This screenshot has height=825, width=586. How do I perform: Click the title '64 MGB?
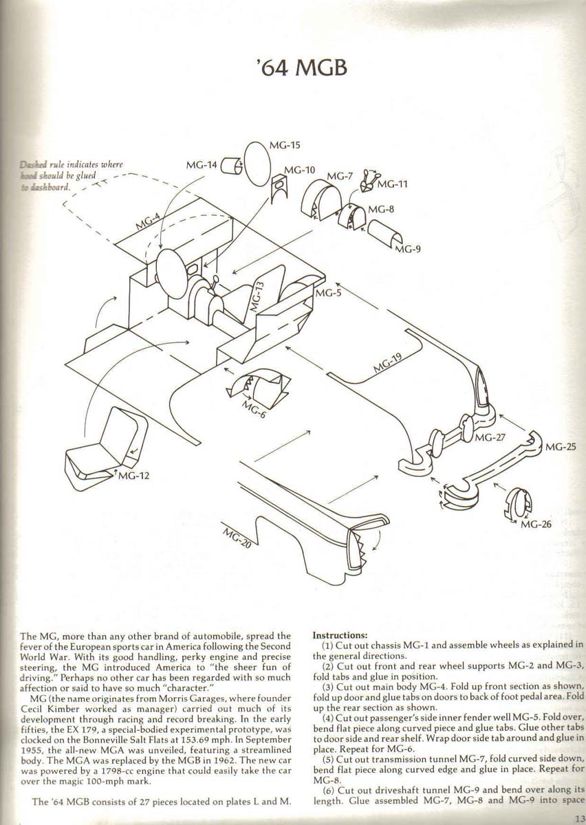[x=299, y=69]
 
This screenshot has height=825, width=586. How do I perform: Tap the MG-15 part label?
[x=285, y=145]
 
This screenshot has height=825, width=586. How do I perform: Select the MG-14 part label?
[x=202, y=165]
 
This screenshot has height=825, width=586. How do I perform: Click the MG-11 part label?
[x=393, y=184]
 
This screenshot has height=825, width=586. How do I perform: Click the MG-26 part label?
[x=536, y=525]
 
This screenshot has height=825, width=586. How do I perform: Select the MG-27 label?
[x=490, y=437]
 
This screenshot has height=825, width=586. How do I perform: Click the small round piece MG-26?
[x=517, y=503]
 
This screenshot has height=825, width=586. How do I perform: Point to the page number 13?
[x=577, y=817]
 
